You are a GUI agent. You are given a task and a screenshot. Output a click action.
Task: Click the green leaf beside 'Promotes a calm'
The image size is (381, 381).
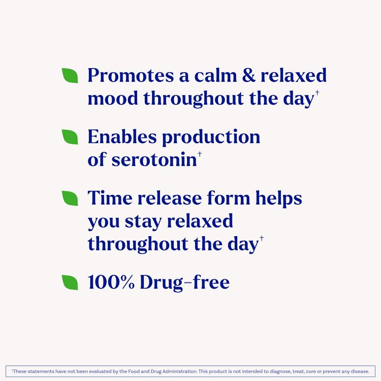click(x=70, y=76)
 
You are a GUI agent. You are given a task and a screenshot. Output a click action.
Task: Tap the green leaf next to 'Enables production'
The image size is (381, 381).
click(x=70, y=137)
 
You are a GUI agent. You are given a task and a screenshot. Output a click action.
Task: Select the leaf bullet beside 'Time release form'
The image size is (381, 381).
click(x=70, y=198)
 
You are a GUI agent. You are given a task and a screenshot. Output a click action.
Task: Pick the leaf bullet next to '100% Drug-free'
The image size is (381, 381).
click(x=70, y=282)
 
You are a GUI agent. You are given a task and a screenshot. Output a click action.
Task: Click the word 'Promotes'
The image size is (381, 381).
click(x=131, y=76)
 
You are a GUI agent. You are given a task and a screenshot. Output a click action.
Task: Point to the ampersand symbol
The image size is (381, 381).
click(x=246, y=76)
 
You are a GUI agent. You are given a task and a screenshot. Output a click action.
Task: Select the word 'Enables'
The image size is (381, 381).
click(x=121, y=137)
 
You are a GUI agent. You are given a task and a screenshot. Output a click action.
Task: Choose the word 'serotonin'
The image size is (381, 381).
click(x=153, y=160)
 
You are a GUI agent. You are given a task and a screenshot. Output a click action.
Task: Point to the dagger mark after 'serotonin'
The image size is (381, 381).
click(x=200, y=154)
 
